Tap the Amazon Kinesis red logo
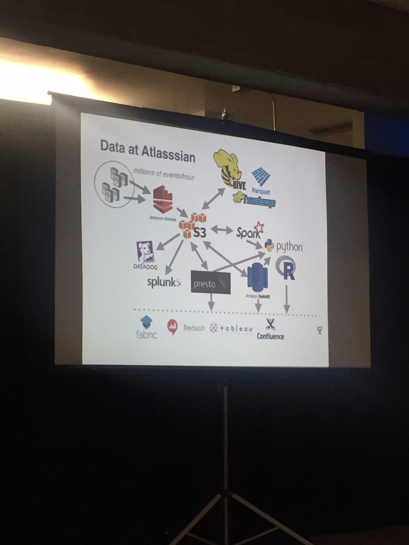point(163,200)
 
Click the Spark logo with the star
point(249,232)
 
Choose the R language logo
point(286,268)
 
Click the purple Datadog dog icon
point(145,253)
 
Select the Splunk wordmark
point(164,282)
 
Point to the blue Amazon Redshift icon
point(258,276)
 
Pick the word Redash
point(194,328)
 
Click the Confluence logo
point(270,330)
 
